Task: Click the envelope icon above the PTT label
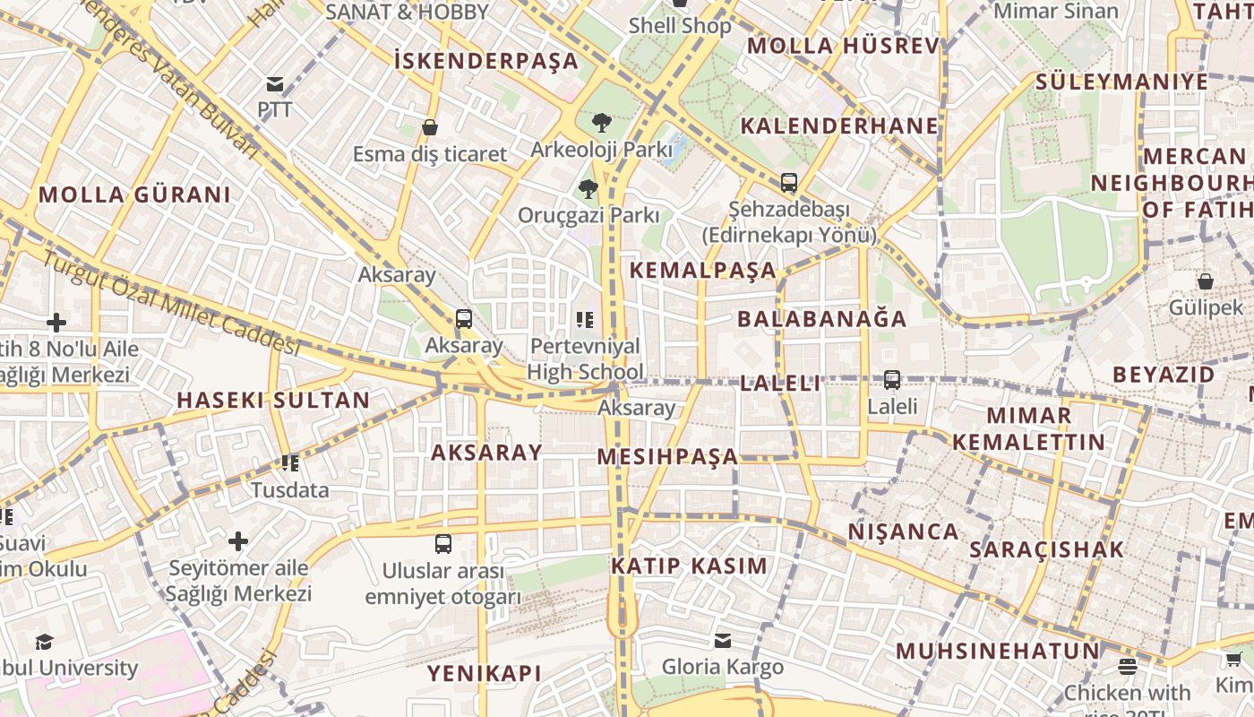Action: click(275, 85)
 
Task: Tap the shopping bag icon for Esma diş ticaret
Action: click(430, 128)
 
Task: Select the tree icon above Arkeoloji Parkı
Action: click(601, 123)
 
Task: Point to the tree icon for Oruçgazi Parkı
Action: click(588, 188)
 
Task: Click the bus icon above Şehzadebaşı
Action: click(788, 182)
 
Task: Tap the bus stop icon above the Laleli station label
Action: click(892, 379)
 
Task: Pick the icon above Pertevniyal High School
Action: click(585, 319)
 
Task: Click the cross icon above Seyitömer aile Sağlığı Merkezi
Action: click(238, 541)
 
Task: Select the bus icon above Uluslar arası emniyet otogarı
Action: click(442, 543)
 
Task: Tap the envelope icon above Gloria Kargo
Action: click(722, 640)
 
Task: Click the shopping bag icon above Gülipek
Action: click(1206, 281)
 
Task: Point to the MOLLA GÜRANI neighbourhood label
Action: click(134, 194)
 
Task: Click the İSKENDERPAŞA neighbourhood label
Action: click(486, 61)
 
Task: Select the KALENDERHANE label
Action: click(839, 125)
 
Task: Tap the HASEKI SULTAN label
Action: click(273, 400)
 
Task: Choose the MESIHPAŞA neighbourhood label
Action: click(667, 456)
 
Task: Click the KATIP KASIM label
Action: click(689, 566)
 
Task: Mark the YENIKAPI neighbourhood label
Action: click(485, 673)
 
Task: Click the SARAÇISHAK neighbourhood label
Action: click(1046, 549)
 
